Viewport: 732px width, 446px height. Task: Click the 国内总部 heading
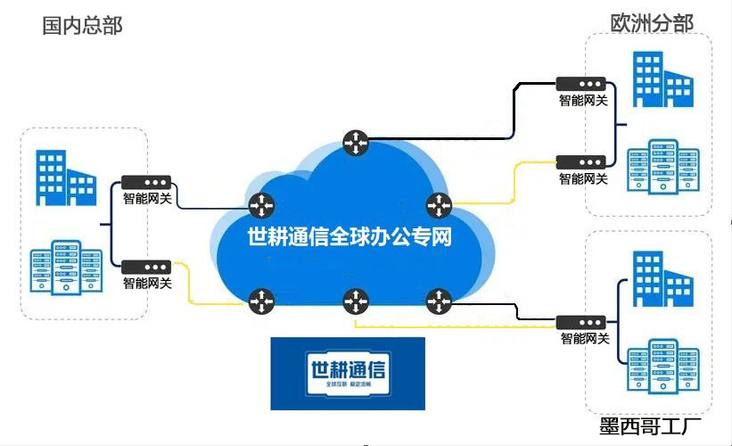pos(82,24)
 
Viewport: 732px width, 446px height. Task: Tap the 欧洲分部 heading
pos(652,22)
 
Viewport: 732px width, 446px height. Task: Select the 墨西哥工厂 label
pos(651,425)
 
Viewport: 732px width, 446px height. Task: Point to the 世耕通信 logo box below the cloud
pos(348,374)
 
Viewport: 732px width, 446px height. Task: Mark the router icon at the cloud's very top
pos(355,140)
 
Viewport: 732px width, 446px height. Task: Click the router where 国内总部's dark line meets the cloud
pos(260,204)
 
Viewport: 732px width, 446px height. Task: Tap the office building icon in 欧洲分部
pos(661,79)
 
